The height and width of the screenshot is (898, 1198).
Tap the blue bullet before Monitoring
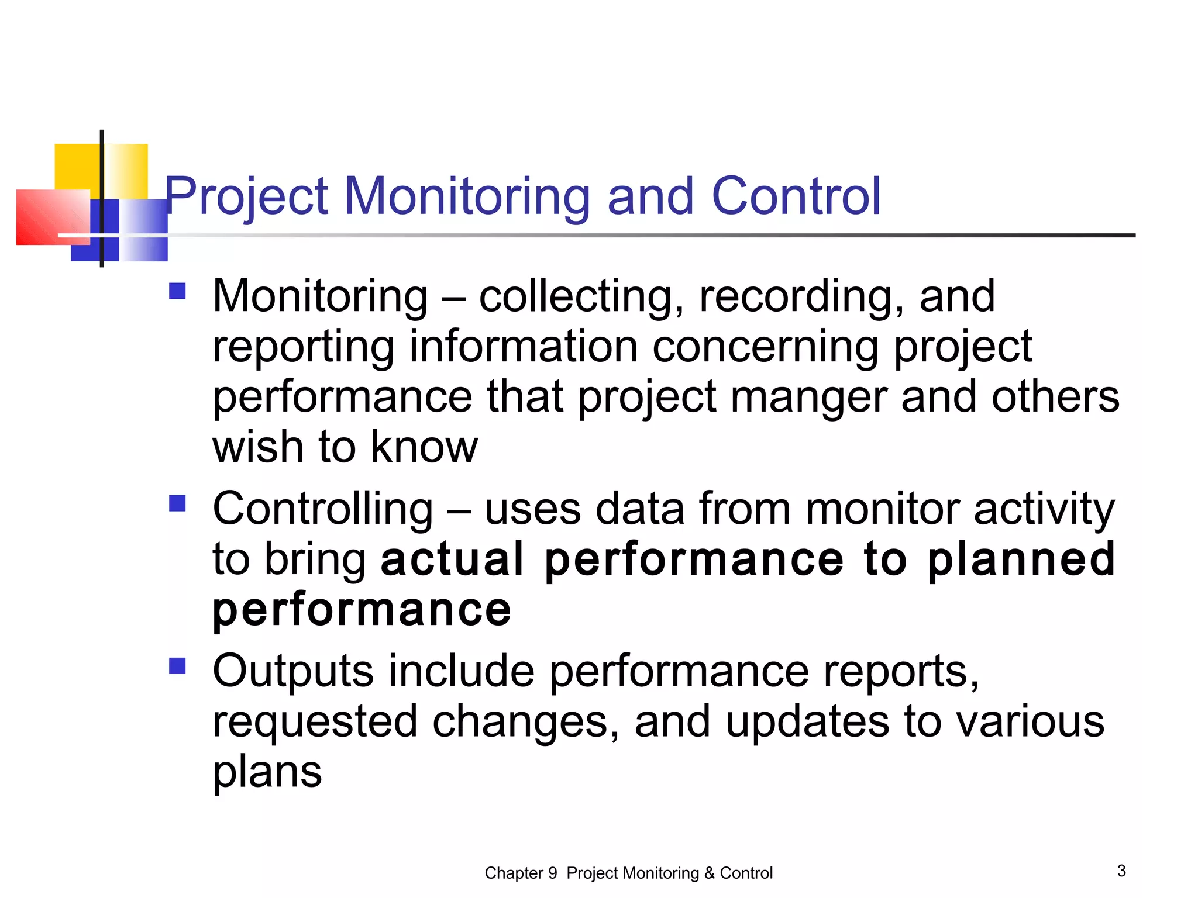pos(177,291)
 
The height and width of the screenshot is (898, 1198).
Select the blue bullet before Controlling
pos(177,503)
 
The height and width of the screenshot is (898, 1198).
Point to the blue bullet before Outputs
pos(177,666)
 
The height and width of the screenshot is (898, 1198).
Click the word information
pos(523,347)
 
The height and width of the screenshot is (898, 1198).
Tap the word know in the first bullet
pos(424,447)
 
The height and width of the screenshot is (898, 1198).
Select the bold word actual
pos(452,559)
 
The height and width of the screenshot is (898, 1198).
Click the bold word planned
pos(1021,559)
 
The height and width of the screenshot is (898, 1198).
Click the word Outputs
pos(292,671)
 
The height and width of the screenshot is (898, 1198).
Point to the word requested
pos(315,722)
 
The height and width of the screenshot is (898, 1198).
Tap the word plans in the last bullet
pos(267,772)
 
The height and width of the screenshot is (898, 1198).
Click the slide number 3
pos(1121,871)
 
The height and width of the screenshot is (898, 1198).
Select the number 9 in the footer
pos(552,873)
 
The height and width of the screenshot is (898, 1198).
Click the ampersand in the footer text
pos(709,873)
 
